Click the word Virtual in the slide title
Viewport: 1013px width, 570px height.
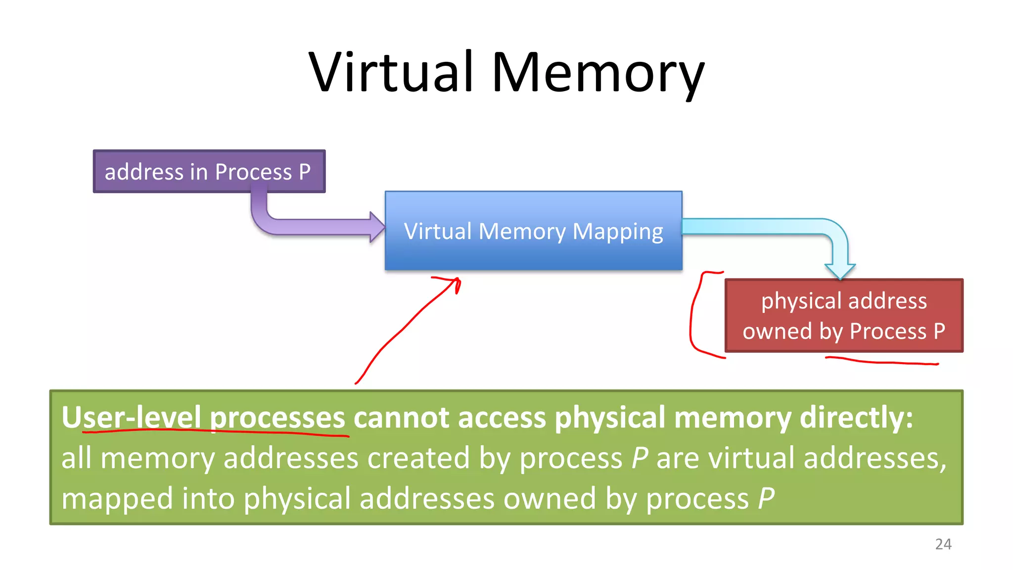point(391,73)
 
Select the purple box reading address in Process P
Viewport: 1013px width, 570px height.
point(209,171)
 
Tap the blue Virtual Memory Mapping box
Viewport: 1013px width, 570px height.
point(533,231)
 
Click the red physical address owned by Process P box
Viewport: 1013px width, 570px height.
point(843,316)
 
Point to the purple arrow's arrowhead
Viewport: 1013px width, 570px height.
point(377,227)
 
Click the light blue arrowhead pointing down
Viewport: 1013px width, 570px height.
point(840,271)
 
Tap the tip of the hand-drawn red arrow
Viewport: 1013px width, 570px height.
point(458,281)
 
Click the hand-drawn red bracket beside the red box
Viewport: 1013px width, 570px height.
point(692,317)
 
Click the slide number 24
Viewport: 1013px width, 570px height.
point(943,544)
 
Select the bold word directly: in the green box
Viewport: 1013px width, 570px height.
point(856,417)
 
